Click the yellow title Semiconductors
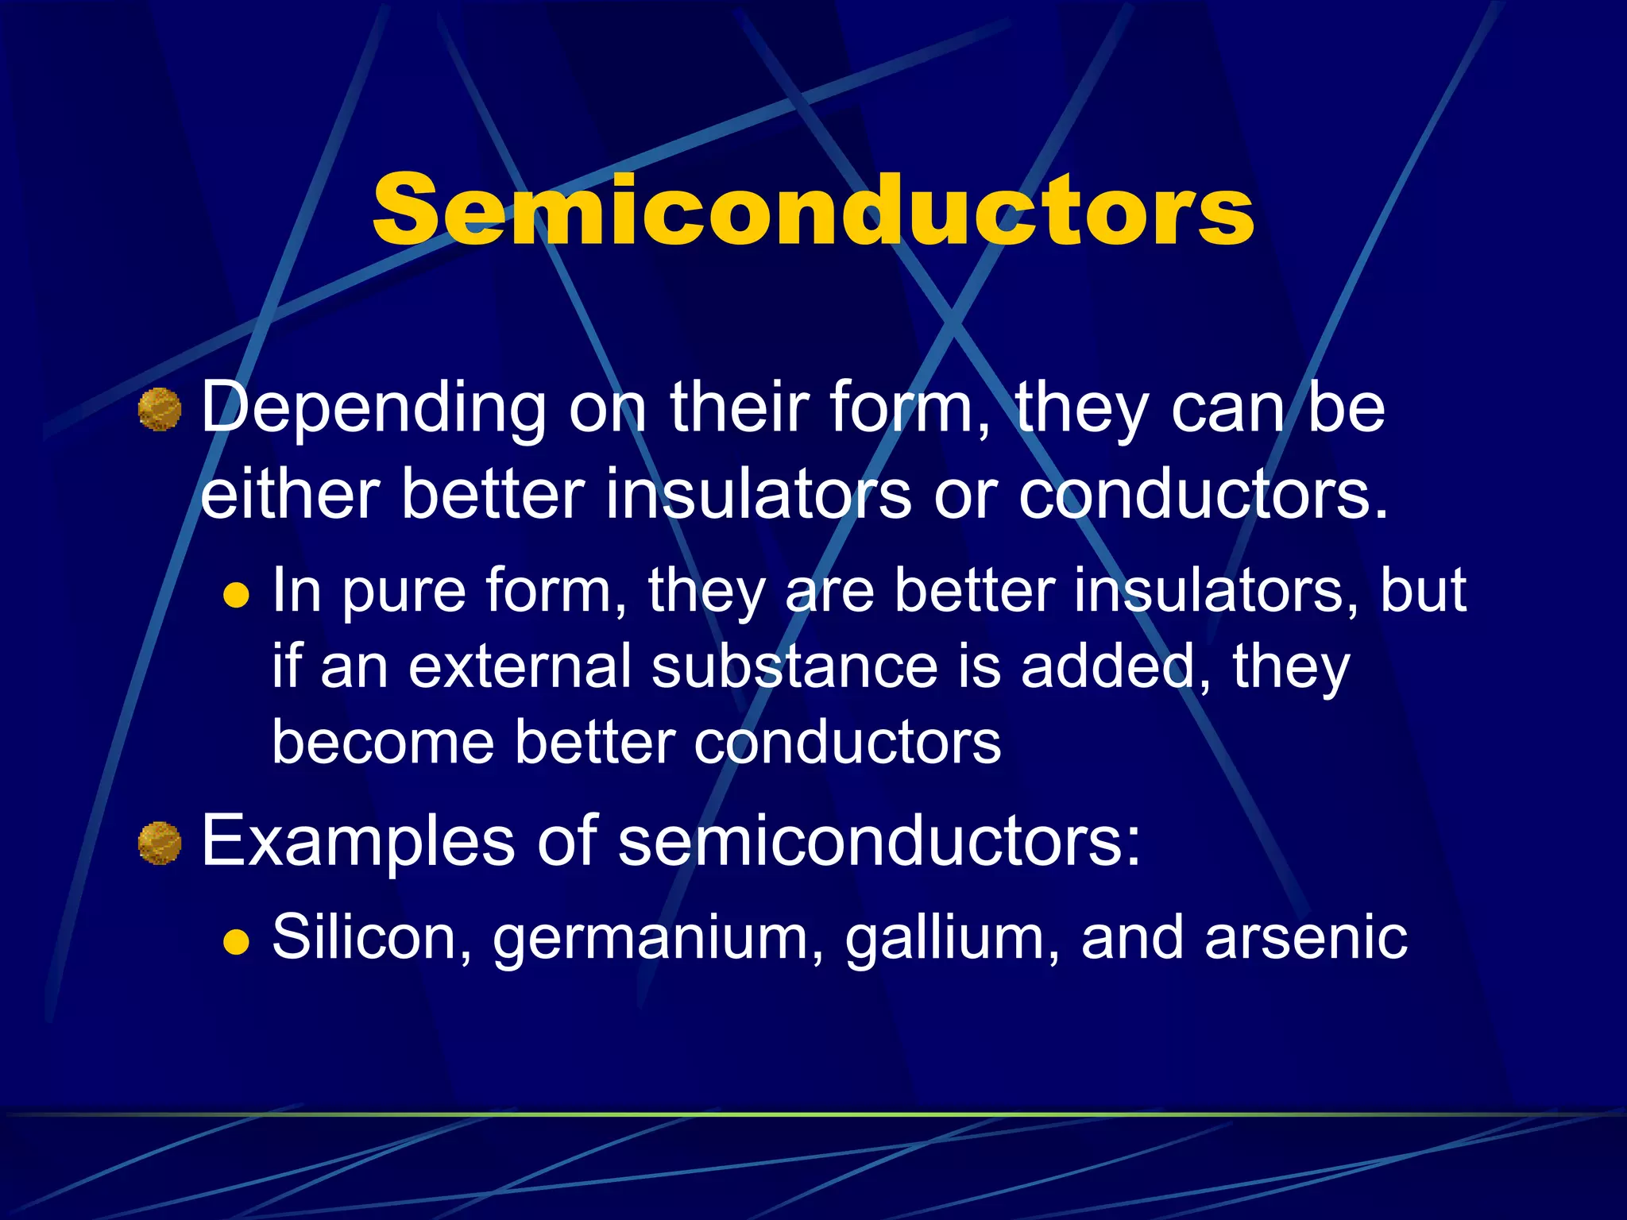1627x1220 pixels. (813, 209)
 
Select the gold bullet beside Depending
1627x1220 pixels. (160, 410)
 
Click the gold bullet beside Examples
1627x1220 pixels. (160, 843)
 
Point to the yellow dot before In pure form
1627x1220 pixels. (236, 595)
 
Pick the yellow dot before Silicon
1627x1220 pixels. (236, 941)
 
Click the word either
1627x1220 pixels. (289, 494)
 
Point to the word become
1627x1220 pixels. (384, 742)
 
